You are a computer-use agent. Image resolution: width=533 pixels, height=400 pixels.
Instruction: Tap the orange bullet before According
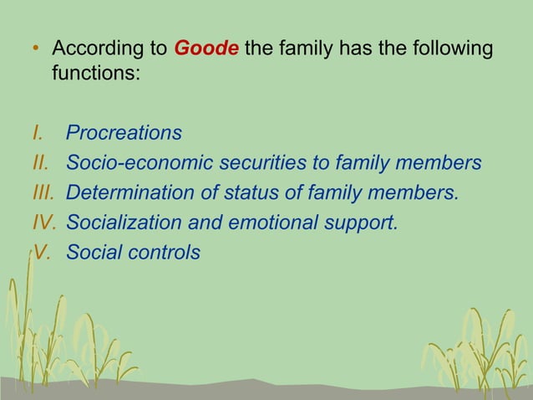[35, 50]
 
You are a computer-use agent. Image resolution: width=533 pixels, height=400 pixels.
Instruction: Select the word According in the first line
[99, 50]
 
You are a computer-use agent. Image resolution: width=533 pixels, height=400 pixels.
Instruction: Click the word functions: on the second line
[95, 74]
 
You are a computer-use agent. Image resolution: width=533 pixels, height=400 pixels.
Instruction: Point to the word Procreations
[124, 134]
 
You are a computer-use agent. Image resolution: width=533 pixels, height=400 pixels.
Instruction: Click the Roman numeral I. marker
[37, 133]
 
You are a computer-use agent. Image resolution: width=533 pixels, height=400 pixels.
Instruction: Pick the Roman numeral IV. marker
[43, 222]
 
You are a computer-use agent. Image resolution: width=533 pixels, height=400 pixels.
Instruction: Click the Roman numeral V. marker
[42, 251]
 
